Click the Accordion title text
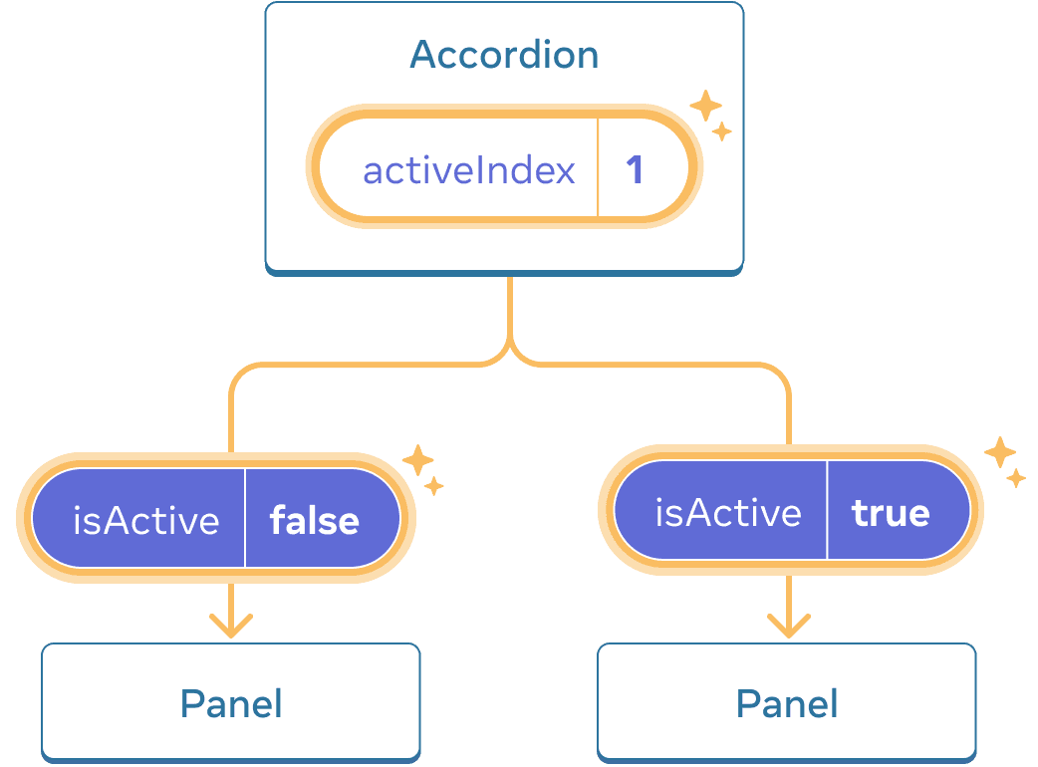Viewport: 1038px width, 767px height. [504, 55]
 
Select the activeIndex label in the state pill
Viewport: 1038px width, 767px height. [469, 170]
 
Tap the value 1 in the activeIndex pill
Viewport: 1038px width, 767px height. [635, 170]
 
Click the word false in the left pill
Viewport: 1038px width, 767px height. [315, 520]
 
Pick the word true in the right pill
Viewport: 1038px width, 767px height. [891, 512]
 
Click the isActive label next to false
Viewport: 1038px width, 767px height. [146, 520]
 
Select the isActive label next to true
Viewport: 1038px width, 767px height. [728, 512]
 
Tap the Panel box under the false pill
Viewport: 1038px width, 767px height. [230, 702]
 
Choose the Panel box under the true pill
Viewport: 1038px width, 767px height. [787, 702]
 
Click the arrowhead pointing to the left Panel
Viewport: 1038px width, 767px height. [231, 628]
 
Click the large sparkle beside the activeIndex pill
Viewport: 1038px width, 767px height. [705, 106]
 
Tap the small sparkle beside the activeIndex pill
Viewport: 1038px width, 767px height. [722, 131]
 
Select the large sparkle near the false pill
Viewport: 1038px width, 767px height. [417, 460]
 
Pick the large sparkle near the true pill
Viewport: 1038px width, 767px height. [999, 452]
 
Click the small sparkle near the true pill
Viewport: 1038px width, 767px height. [1015, 478]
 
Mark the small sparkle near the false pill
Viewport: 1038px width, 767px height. [433, 486]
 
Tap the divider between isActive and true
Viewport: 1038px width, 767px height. [827, 512]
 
